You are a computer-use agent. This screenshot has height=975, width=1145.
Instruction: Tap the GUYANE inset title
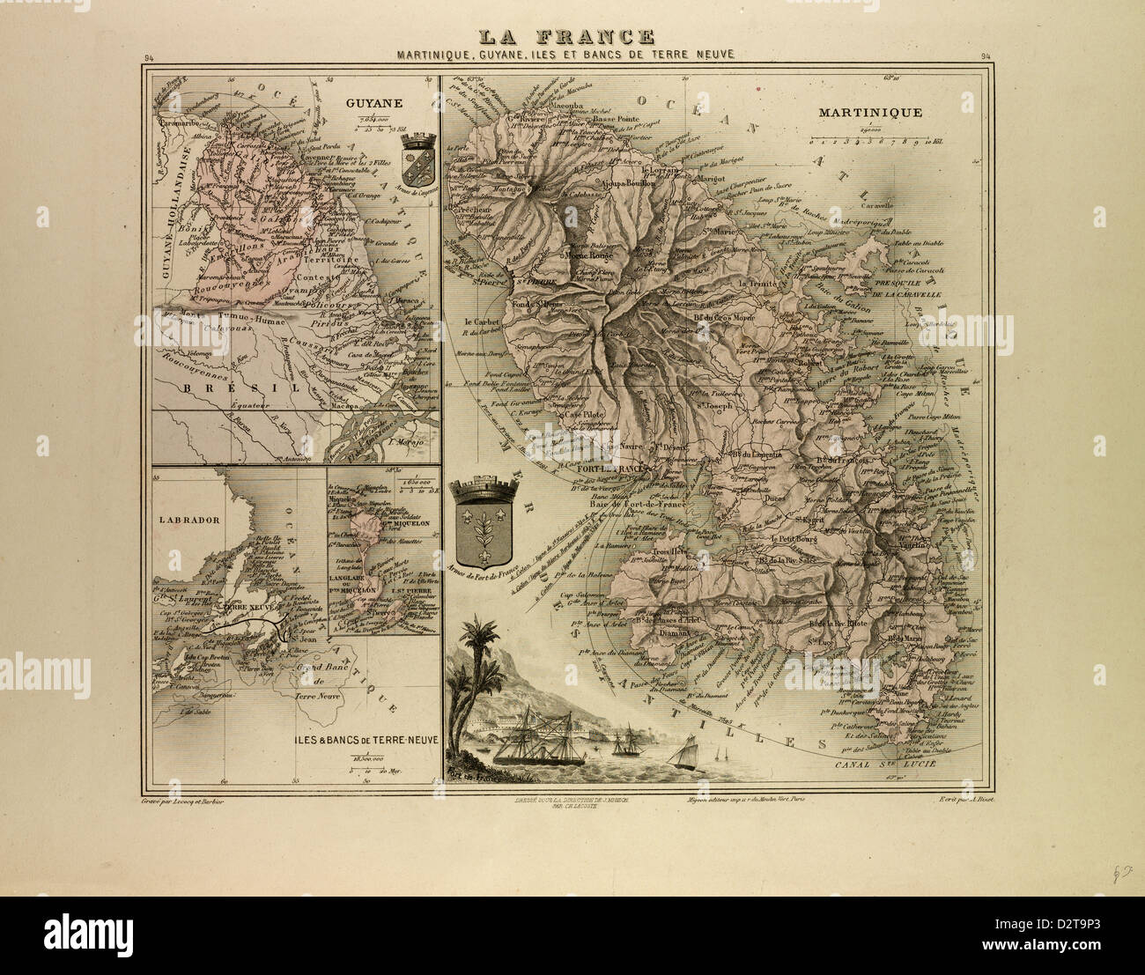click(x=374, y=103)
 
